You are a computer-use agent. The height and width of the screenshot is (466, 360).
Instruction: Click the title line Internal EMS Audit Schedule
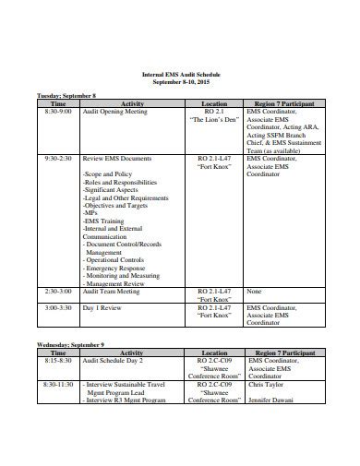(x=180, y=74)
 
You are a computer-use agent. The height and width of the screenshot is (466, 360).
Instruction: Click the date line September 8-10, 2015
(x=180, y=81)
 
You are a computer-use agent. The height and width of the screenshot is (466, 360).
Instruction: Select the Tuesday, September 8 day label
(x=67, y=96)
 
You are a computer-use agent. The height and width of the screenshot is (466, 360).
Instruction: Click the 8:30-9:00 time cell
(x=56, y=112)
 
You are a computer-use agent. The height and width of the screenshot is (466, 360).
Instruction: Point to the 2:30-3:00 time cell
(x=57, y=292)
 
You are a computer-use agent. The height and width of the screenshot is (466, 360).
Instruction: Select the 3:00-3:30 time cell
(x=57, y=307)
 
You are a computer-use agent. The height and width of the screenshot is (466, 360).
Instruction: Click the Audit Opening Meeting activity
(x=114, y=112)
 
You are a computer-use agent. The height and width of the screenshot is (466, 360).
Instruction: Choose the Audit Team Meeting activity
(x=112, y=292)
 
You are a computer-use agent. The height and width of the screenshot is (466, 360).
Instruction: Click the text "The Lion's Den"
(x=214, y=120)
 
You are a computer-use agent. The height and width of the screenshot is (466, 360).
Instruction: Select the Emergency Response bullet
(x=114, y=268)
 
